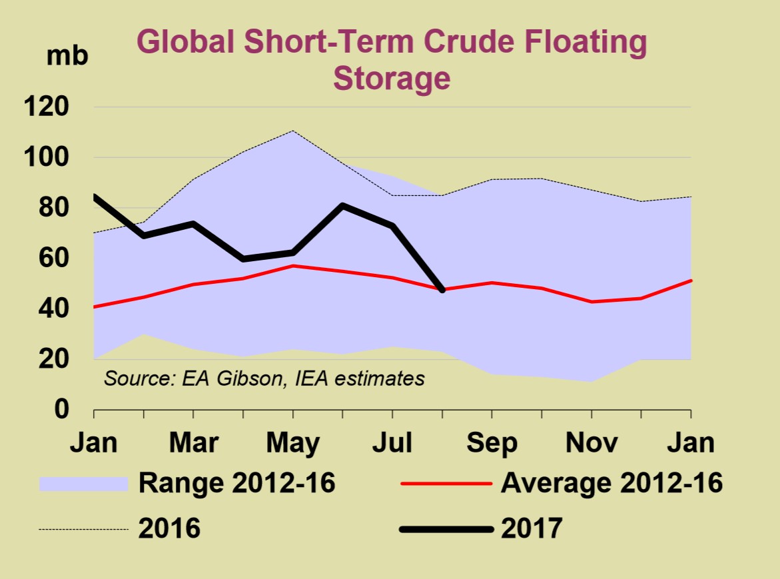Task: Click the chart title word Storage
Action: click(391, 78)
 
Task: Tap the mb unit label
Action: click(67, 56)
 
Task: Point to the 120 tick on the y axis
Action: click(47, 107)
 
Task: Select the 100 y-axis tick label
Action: click(47, 158)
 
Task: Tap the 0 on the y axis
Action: click(61, 409)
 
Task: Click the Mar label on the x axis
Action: click(193, 443)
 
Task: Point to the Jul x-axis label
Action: click(392, 443)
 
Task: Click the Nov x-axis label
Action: click(591, 443)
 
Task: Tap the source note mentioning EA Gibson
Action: click(264, 379)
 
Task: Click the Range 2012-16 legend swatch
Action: click(83, 484)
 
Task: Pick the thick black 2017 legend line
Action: click(446, 530)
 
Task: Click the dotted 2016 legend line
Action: click(83, 530)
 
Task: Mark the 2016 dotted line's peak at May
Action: click(293, 131)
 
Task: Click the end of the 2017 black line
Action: click(442, 290)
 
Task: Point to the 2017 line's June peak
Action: click(343, 205)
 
